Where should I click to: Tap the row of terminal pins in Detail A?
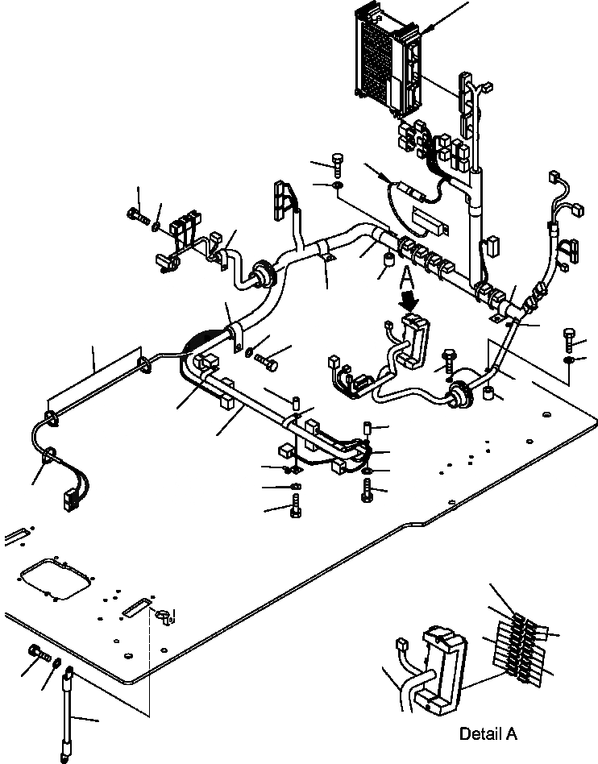(x=517, y=645)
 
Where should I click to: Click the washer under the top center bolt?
(x=337, y=189)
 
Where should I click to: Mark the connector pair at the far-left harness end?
(x=70, y=488)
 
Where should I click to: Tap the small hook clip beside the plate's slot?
(x=164, y=617)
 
